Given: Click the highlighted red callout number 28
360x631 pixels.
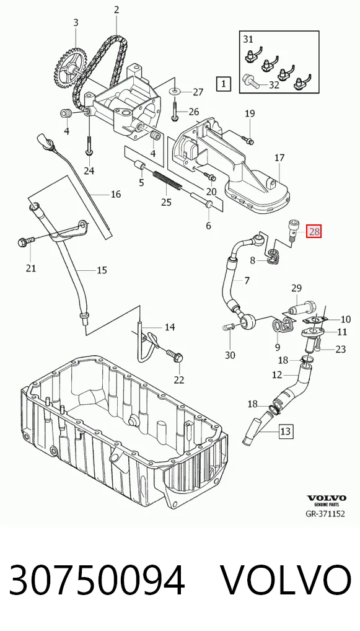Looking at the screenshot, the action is pyautogui.click(x=314, y=231).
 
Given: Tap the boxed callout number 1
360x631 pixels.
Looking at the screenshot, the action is pyautogui.click(x=223, y=84).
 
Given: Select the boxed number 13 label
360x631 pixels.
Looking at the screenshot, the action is pyautogui.click(x=285, y=431).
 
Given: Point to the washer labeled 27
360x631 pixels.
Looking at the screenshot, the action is pyautogui.click(x=175, y=92).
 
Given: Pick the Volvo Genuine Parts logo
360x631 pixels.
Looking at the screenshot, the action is pyautogui.click(x=327, y=500).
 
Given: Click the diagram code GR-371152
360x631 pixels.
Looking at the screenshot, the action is pyautogui.click(x=325, y=514).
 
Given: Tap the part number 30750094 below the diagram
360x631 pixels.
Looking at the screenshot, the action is pyautogui.click(x=97, y=580).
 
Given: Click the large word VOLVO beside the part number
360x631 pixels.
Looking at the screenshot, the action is pyautogui.click(x=287, y=580).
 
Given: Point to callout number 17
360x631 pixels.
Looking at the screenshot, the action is pyautogui.click(x=279, y=158).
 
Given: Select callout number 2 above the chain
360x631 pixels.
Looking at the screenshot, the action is pyautogui.click(x=116, y=10).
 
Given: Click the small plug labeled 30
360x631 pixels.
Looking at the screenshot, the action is pyautogui.click(x=227, y=327).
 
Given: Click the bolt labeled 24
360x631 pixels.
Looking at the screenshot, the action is pyautogui.click(x=89, y=145).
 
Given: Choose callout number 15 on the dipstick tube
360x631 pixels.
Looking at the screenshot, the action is pyautogui.click(x=102, y=270).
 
